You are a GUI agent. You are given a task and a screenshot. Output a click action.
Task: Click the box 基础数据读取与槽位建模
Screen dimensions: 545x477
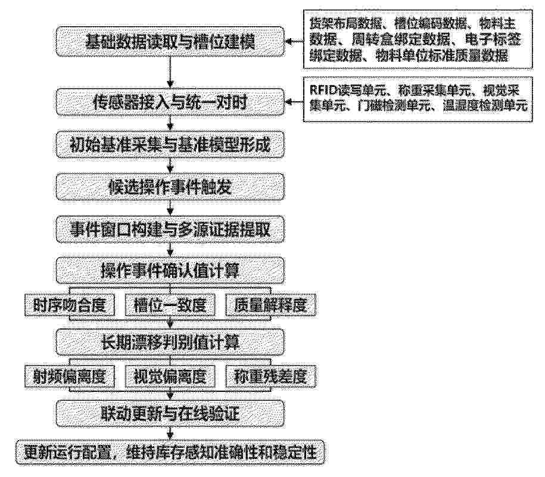pyautogui.click(x=170, y=41)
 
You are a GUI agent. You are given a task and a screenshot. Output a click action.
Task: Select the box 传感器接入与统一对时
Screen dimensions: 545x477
pyautogui.click(x=170, y=102)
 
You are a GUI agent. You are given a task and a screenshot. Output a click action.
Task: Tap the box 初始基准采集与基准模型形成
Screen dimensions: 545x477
pyautogui.click(x=170, y=145)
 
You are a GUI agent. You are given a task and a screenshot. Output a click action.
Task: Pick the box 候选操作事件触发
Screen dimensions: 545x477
pyautogui.click(x=170, y=187)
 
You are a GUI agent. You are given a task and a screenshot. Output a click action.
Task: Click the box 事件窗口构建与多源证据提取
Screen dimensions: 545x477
pyautogui.click(x=170, y=229)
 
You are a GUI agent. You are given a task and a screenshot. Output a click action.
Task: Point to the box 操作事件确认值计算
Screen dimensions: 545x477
pyautogui.click(x=170, y=270)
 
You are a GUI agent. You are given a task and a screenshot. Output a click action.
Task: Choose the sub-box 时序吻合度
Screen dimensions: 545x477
pyautogui.click(x=70, y=305)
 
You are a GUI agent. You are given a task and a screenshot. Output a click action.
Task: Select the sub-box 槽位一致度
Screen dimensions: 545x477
pyautogui.click(x=170, y=305)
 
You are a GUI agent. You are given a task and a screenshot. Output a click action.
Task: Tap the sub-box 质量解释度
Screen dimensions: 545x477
pyautogui.click(x=270, y=305)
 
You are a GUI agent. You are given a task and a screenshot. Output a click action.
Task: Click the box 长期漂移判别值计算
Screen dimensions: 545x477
pyautogui.click(x=170, y=342)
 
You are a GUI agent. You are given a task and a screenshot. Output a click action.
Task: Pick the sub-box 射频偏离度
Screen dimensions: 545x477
pyautogui.click(x=70, y=377)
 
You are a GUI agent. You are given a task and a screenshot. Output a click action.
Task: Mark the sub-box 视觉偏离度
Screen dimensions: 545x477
pyautogui.click(x=170, y=377)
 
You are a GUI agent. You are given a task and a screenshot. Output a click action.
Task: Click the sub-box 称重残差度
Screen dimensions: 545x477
pyautogui.click(x=270, y=377)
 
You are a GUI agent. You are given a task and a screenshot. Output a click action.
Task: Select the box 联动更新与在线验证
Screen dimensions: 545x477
pyautogui.click(x=170, y=414)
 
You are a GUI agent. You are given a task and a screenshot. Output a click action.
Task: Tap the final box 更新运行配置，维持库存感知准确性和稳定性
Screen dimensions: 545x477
pyautogui.click(x=170, y=453)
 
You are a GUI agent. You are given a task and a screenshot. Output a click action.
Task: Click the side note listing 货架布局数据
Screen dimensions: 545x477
pyautogui.click(x=418, y=39)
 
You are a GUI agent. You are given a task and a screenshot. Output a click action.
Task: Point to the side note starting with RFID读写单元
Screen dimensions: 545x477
pyautogui.click(x=418, y=99)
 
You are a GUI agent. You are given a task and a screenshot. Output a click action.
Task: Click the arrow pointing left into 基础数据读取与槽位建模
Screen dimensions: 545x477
pyautogui.click(x=294, y=42)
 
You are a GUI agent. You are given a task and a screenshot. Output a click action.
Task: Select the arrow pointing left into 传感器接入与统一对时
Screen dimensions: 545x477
pyautogui.click(x=294, y=102)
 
